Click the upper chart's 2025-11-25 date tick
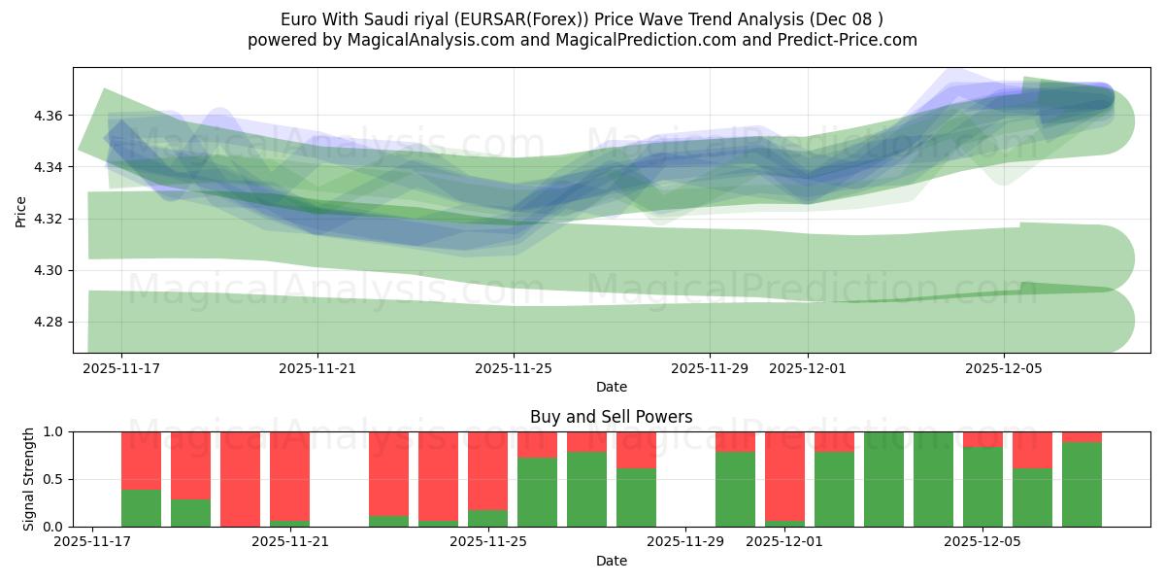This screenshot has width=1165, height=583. pos(514,368)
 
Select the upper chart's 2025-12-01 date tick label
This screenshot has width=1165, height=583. pos(808,368)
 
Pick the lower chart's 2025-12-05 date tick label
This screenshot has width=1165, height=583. pos(982,541)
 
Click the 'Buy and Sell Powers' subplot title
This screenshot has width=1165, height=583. pos(611,417)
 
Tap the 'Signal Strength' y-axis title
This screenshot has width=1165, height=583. pos(29,479)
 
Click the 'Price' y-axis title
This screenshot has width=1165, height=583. pos(21,211)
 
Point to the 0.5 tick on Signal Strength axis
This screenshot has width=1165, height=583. pos(54,479)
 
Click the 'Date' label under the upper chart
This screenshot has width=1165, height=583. pos(611,387)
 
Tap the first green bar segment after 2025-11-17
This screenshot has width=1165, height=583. pos(141,508)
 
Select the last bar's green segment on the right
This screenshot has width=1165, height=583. pos(1082,484)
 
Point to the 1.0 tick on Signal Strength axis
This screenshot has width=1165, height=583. pos(54,431)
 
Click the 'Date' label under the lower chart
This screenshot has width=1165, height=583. pos(611,561)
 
